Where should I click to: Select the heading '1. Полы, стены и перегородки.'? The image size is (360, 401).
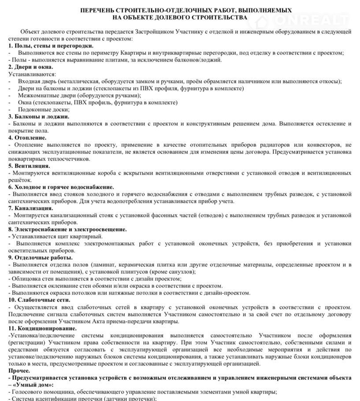(x=51, y=46)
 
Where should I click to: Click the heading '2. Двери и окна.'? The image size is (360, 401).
(x=30, y=67)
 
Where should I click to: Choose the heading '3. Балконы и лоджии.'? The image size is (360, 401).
(x=39, y=116)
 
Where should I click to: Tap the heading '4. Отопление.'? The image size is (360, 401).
(x=28, y=137)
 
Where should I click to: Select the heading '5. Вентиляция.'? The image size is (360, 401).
(x=29, y=166)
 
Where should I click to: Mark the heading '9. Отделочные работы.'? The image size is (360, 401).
(x=41, y=257)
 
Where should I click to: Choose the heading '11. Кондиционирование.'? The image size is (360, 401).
(x=42, y=328)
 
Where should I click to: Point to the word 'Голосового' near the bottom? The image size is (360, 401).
(x=27, y=392)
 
